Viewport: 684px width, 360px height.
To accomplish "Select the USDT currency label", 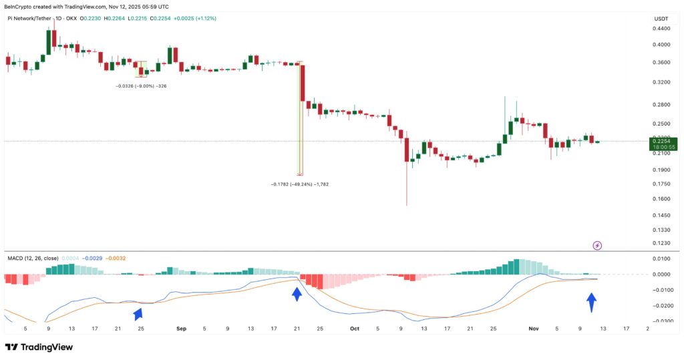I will pyautogui.click(x=661, y=18).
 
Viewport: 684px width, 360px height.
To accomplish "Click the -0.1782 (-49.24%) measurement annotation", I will pyautogui.click(x=300, y=184).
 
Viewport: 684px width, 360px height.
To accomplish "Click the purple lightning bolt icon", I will pyautogui.click(x=597, y=245).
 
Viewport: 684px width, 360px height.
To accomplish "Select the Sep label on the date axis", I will pyautogui.click(x=180, y=329).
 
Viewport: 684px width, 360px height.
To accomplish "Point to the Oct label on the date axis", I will pyautogui.click(x=355, y=329).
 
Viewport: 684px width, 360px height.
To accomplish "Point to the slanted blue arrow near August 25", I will pyautogui.click(x=138, y=313).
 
